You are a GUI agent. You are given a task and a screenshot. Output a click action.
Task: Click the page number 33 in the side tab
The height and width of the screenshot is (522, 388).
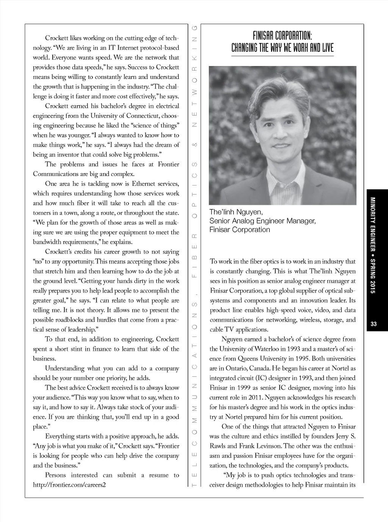[x=374, y=324]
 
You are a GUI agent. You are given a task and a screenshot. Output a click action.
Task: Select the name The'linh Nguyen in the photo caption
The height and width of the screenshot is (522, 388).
[x=236, y=212]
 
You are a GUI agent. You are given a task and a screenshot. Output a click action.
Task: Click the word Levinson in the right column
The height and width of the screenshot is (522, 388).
[x=268, y=446]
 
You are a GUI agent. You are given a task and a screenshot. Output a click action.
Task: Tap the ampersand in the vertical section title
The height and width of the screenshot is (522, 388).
[x=195, y=145]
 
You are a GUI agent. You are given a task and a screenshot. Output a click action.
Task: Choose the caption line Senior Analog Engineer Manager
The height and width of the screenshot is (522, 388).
[x=263, y=221]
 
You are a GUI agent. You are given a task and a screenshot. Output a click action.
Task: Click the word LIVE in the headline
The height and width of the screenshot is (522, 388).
[x=327, y=48]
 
